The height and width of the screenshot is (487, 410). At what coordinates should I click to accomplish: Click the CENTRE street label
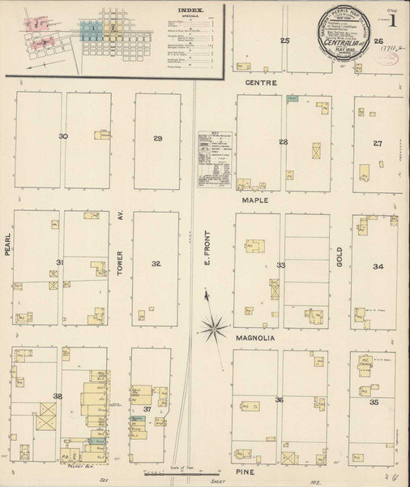pos(263,83)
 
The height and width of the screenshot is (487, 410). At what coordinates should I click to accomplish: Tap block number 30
pos(63,136)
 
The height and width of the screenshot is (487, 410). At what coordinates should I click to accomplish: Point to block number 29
pos(157,139)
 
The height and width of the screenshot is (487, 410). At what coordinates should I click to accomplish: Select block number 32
pos(156,264)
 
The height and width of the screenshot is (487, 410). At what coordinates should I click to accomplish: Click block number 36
pos(279,399)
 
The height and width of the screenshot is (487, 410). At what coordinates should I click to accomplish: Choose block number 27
pos(378,143)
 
